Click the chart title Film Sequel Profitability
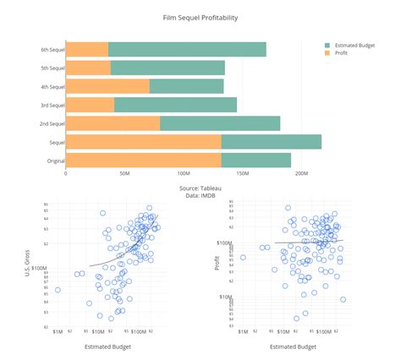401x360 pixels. coord(200,17)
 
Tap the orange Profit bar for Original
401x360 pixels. coord(143,160)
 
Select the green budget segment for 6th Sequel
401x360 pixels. coord(187,49)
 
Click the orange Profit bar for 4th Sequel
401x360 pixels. coord(107,86)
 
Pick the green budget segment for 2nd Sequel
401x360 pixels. coord(220,123)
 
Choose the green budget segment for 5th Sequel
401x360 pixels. coord(168,68)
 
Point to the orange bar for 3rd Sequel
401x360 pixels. coord(90,105)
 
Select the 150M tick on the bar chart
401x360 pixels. coord(243,174)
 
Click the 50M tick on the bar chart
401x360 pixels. coord(124,174)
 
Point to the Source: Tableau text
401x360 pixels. coord(200,188)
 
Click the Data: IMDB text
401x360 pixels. coord(200,195)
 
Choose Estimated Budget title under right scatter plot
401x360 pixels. coord(293,346)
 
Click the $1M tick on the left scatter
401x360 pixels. coord(58,332)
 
